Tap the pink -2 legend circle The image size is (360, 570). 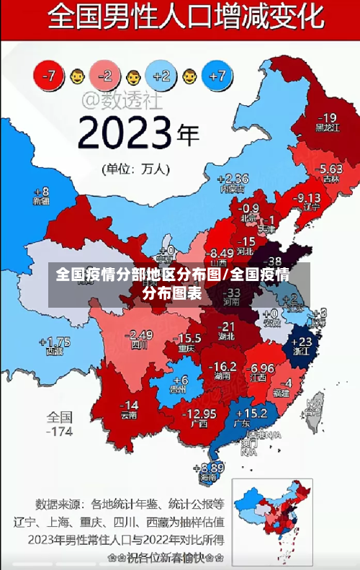tap(106, 75)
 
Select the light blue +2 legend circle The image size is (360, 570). tap(162, 75)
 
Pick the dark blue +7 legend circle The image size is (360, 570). tap(217, 75)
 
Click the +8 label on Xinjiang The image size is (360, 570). tap(42, 192)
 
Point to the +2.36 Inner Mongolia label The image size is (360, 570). tap(232, 179)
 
